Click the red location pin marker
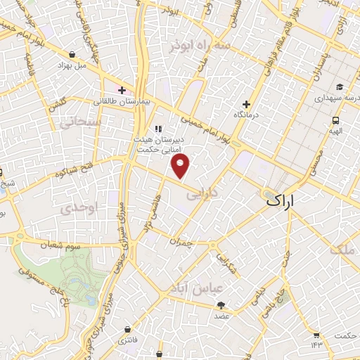click(x=181, y=167)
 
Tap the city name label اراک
click(x=291, y=200)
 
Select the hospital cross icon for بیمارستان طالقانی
click(x=122, y=90)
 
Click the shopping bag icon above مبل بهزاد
click(x=73, y=53)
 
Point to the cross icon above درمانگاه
click(x=246, y=103)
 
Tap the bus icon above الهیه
click(x=336, y=120)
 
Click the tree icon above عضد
click(x=221, y=304)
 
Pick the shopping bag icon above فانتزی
click(x=127, y=328)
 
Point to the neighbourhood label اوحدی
click(x=74, y=209)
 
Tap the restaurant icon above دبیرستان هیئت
click(x=158, y=129)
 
